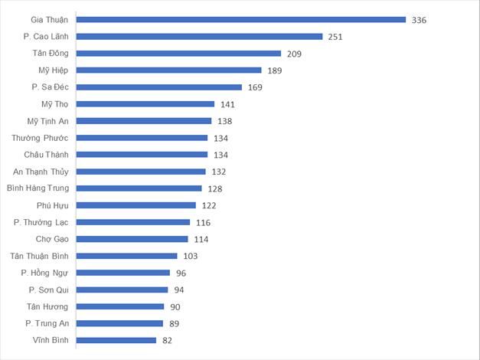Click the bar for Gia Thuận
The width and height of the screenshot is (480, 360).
[x=241, y=20]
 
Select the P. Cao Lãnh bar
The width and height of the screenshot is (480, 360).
[x=199, y=37]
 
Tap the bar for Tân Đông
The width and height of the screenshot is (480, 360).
[x=179, y=54]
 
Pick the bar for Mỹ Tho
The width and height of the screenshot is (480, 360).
[x=145, y=104]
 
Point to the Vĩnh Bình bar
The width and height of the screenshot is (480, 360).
[x=116, y=340]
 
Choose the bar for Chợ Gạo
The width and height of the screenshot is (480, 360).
[x=132, y=239]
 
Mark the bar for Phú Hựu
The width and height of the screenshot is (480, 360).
[x=136, y=205]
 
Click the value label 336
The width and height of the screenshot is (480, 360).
[x=419, y=20]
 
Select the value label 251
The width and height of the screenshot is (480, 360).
[x=335, y=37]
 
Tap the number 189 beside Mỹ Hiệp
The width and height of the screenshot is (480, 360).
[x=274, y=70]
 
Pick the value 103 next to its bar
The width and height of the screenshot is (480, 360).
[x=190, y=256]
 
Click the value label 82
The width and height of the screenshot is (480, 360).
[x=167, y=340]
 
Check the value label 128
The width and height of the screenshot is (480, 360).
[x=214, y=188]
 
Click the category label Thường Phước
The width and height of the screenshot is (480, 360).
[x=40, y=138]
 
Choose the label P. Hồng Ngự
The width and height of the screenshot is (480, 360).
[x=44, y=273]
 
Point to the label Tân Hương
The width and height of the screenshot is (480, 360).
[x=47, y=306]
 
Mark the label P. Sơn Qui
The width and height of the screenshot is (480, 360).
[x=48, y=290]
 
